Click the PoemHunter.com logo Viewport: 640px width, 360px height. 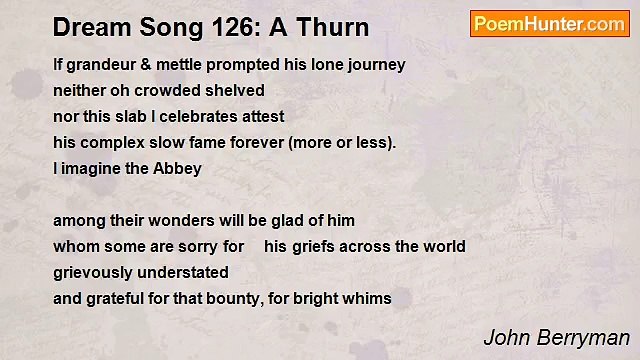point(549,24)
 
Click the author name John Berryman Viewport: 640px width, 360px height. point(556,337)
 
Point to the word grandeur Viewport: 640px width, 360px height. point(101,65)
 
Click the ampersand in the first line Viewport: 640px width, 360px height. point(147,65)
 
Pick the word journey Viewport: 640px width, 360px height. point(373,65)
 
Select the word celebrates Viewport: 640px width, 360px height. point(190,117)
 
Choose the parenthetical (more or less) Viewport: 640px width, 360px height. point(341,143)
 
